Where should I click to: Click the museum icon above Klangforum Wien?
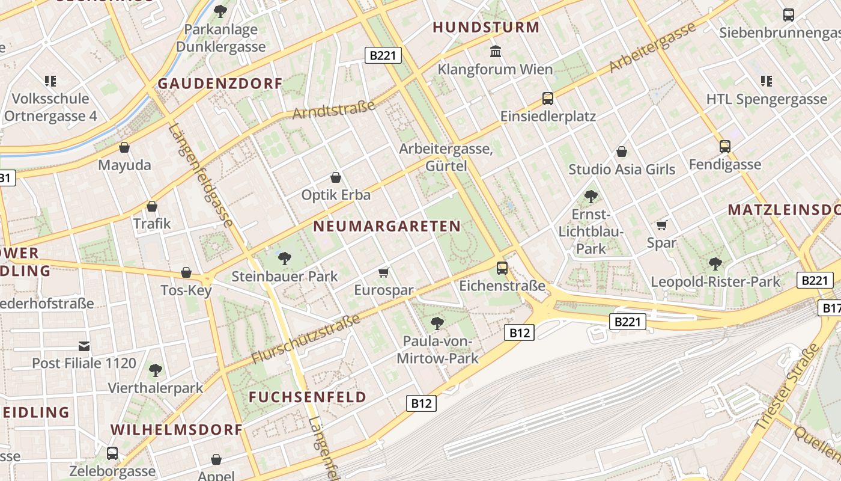point(496,52)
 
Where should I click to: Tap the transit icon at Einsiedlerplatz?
point(547,98)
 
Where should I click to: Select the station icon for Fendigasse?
point(725,146)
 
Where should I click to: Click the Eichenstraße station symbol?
point(502,268)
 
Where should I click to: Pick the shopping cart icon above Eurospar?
point(384,273)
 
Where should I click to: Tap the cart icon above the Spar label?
point(661,225)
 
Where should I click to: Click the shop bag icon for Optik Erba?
point(336,177)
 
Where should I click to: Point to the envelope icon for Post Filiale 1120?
point(84,346)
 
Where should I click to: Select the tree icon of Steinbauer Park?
point(285,259)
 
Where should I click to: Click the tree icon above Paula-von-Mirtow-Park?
point(437,323)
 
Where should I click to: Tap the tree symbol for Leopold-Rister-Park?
point(715,263)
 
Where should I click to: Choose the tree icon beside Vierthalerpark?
point(156,370)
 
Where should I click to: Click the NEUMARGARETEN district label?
point(387,227)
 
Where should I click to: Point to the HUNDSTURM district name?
point(486,27)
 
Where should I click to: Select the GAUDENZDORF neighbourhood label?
point(220,84)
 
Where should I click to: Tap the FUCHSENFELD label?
point(308,397)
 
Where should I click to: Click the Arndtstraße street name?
point(334,109)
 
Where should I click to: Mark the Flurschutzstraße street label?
point(306,339)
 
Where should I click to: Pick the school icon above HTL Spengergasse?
point(766,81)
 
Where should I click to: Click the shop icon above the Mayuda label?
point(124,147)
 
